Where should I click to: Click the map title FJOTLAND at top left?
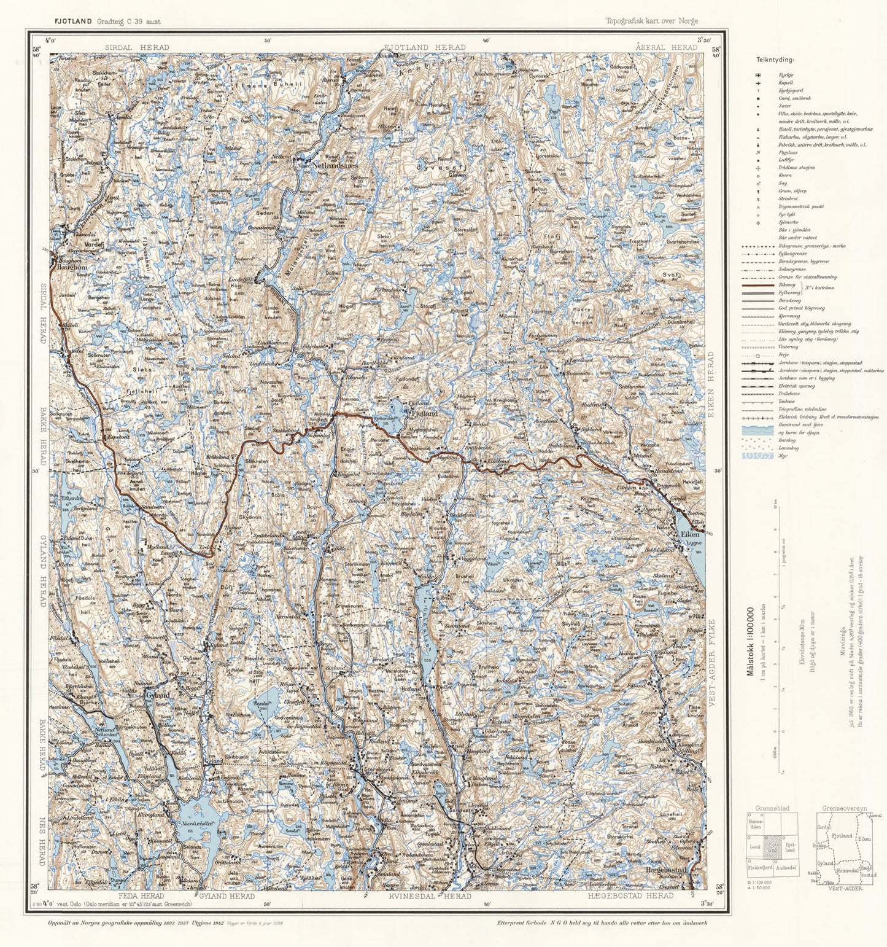(73, 21)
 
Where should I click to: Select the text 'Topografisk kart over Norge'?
(651, 21)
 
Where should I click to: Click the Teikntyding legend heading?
(775, 60)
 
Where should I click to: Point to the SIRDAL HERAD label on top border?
(136, 47)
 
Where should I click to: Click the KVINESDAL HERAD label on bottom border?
(430, 896)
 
